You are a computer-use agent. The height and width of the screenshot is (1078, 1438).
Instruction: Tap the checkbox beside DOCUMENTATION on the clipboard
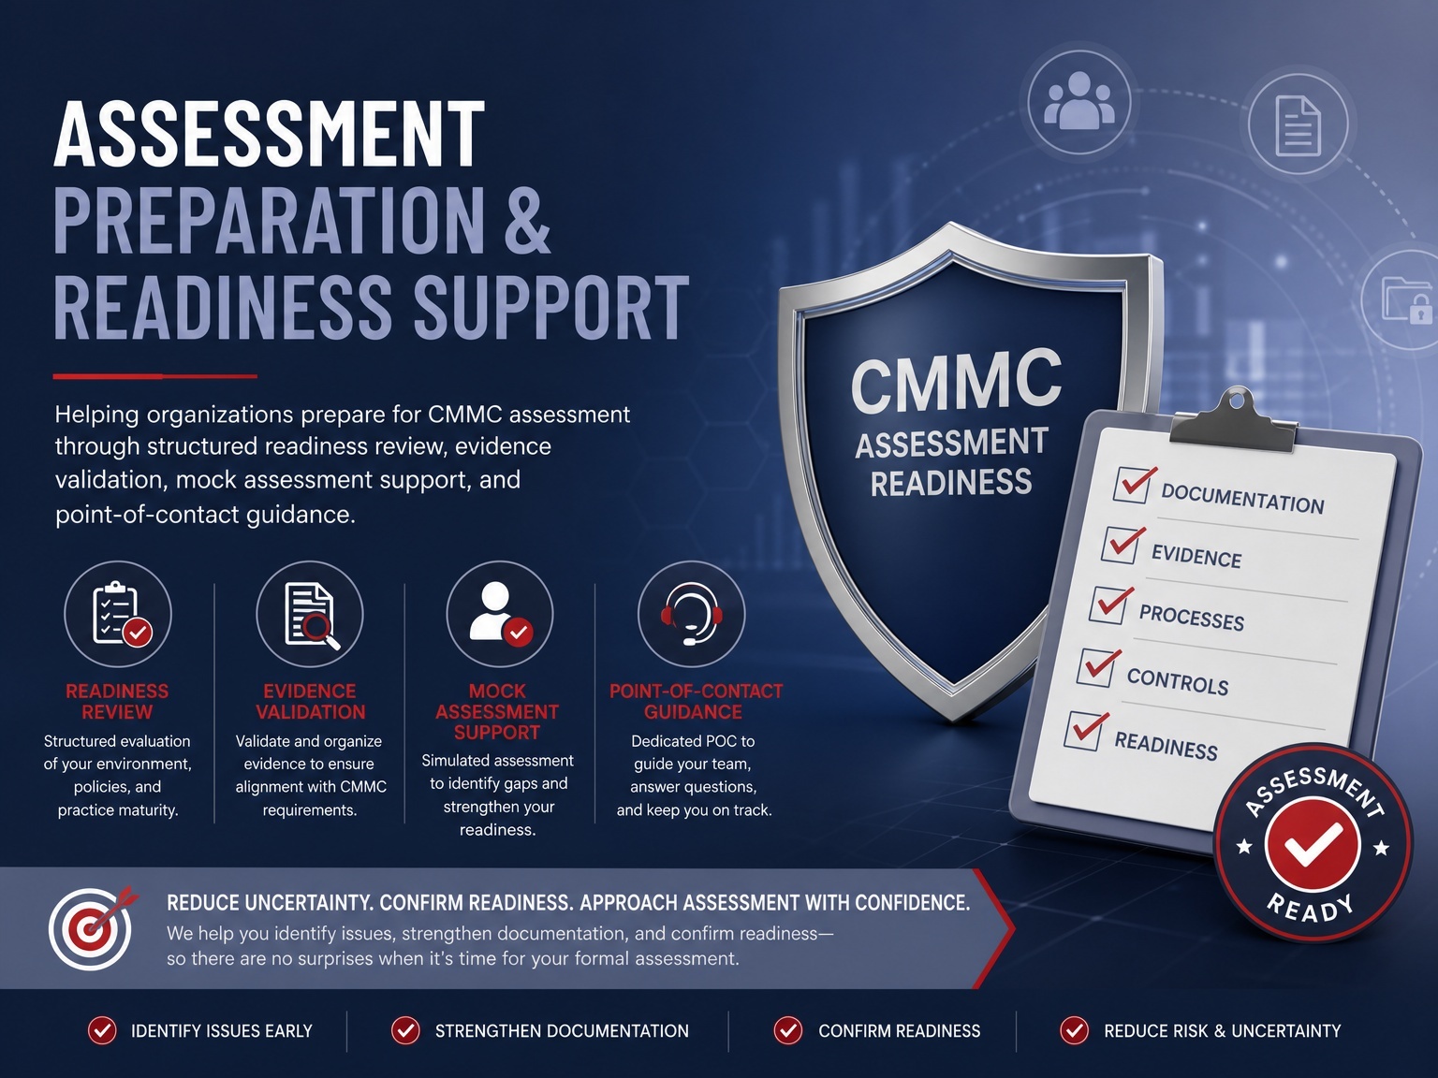point(1132,485)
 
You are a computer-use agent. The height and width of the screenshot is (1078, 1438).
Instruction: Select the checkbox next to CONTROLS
point(1096,667)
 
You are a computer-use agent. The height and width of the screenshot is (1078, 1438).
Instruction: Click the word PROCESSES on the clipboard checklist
point(1192,618)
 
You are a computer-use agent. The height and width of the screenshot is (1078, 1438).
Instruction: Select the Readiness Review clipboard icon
point(119,614)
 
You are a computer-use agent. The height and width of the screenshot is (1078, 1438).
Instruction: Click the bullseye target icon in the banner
point(91,927)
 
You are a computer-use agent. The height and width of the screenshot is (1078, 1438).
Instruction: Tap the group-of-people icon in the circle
point(1079,100)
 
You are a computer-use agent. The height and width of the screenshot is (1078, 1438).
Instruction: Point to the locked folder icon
point(1406,300)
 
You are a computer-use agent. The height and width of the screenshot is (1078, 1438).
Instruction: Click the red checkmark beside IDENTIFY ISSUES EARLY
point(102,1030)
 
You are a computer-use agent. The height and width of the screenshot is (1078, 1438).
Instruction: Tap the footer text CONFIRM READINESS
point(899,1031)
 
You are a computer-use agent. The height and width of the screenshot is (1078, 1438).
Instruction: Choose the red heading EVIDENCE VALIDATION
point(310,702)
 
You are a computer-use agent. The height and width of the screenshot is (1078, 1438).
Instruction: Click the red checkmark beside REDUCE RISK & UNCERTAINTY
point(1075,1030)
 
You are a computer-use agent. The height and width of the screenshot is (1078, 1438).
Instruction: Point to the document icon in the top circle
point(1298,125)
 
